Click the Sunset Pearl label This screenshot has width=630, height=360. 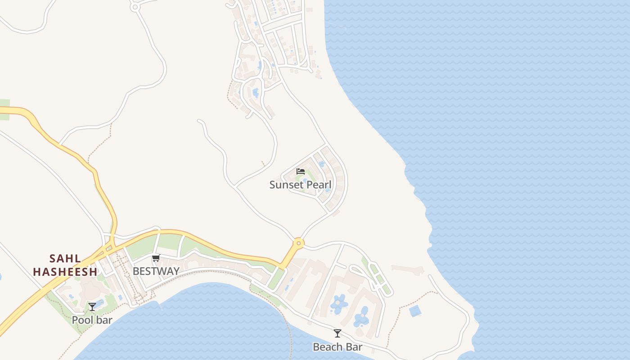pyautogui.click(x=300, y=184)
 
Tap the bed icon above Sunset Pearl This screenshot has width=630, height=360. pyautogui.click(x=301, y=171)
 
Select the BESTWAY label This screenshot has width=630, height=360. pyautogui.click(x=156, y=271)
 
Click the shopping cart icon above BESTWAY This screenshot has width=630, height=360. pyautogui.click(x=156, y=258)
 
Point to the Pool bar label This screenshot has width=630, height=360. pyautogui.click(x=92, y=320)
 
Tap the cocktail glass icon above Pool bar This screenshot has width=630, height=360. pyautogui.click(x=92, y=307)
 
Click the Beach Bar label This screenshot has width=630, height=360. pyautogui.click(x=337, y=347)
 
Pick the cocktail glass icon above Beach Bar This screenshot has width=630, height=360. pyautogui.click(x=337, y=333)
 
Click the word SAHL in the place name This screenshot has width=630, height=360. pyautogui.click(x=65, y=259)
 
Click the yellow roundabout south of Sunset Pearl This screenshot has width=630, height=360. pyautogui.click(x=298, y=243)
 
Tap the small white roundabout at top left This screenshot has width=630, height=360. pyautogui.click(x=135, y=7)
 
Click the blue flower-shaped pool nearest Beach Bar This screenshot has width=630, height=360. pyautogui.click(x=361, y=317)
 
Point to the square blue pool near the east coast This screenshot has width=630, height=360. pyautogui.click(x=415, y=310)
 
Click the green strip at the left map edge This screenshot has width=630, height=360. pyautogui.click(x=4, y=109)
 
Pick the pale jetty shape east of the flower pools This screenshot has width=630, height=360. pyautogui.click(x=408, y=270)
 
